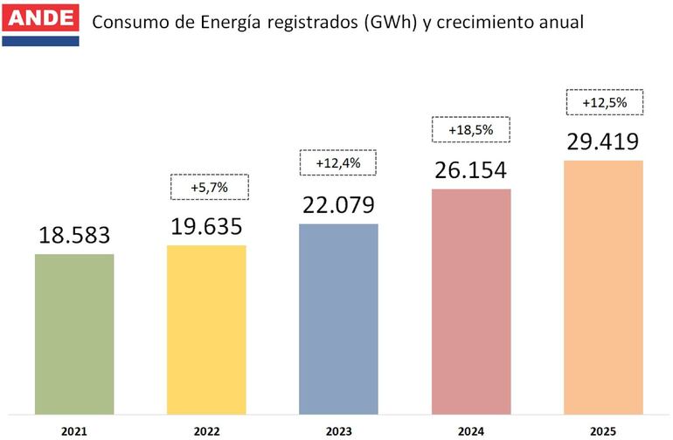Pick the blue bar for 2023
point(338,317)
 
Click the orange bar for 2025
point(603,285)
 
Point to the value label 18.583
point(74,236)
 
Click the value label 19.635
point(206,226)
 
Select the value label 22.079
point(338,205)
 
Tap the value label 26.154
point(470,170)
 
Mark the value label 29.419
point(603,141)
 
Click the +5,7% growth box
point(208,187)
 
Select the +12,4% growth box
point(337,162)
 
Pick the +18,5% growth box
point(470,130)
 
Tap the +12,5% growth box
point(604,102)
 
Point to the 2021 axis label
point(74,430)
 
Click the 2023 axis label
point(338,430)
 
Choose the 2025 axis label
point(603,430)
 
